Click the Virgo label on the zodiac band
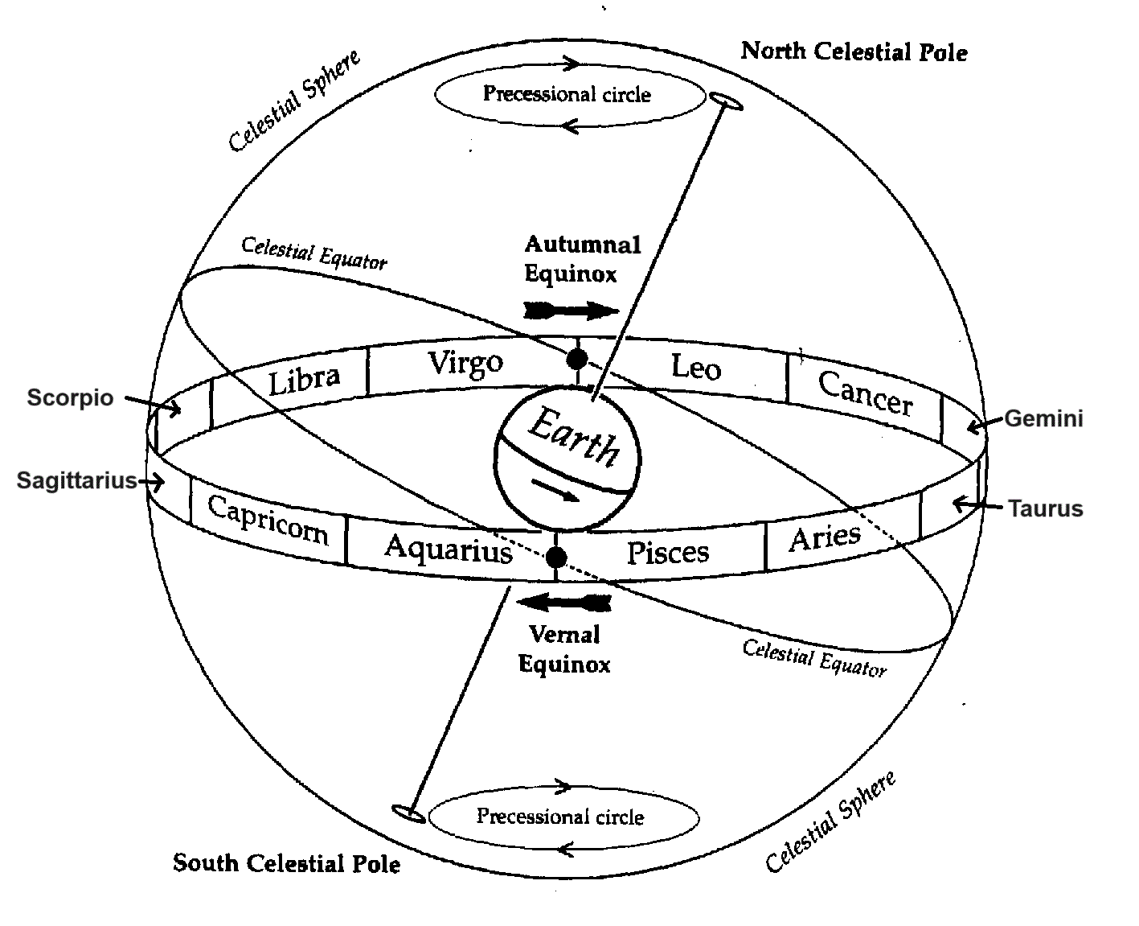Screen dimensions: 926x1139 [465, 364]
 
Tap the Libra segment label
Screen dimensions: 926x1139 [304, 380]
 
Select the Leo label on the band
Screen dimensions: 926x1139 [695, 368]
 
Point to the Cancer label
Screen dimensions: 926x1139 [865, 393]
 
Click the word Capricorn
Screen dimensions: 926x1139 [268, 520]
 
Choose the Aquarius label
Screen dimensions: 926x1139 [448, 549]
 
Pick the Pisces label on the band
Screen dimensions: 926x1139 [667, 553]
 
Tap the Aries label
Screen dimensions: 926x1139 [825, 537]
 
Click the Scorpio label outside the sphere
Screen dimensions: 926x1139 [70, 397]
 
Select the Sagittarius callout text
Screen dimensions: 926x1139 [77, 481]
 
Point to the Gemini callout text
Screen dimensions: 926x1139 [1043, 418]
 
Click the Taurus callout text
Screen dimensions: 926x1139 [1045, 508]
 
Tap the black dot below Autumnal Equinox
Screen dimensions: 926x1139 [576, 359]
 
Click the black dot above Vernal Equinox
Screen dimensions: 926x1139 [555, 557]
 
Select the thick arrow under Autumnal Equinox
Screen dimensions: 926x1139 [571, 311]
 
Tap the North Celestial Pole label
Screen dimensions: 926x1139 [854, 52]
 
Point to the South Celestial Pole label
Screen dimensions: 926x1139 [286, 863]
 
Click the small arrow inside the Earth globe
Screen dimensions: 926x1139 [555, 488]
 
